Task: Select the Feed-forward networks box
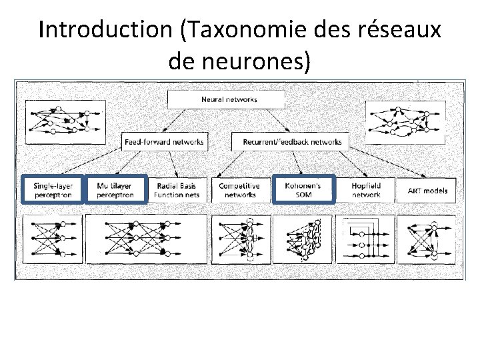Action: (x=164, y=141)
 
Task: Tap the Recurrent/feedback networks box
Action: (x=287, y=141)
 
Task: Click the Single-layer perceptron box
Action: (x=51, y=189)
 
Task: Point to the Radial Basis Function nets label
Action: (x=177, y=190)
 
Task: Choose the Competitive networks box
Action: (x=240, y=190)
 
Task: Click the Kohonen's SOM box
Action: (x=303, y=189)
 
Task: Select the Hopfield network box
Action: (x=366, y=189)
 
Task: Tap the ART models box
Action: (x=427, y=190)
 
